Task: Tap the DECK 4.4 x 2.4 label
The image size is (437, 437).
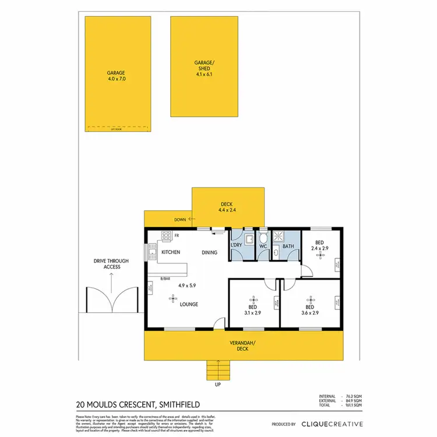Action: (227, 207)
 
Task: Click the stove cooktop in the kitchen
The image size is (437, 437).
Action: (165, 236)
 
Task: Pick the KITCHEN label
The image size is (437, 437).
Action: (170, 252)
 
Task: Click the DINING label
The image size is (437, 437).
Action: (209, 252)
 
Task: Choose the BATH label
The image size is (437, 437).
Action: (288, 246)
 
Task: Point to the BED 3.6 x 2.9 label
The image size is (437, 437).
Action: (309, 310)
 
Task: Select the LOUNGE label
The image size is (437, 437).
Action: (189, 304)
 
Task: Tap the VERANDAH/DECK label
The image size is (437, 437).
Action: (242, 346)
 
